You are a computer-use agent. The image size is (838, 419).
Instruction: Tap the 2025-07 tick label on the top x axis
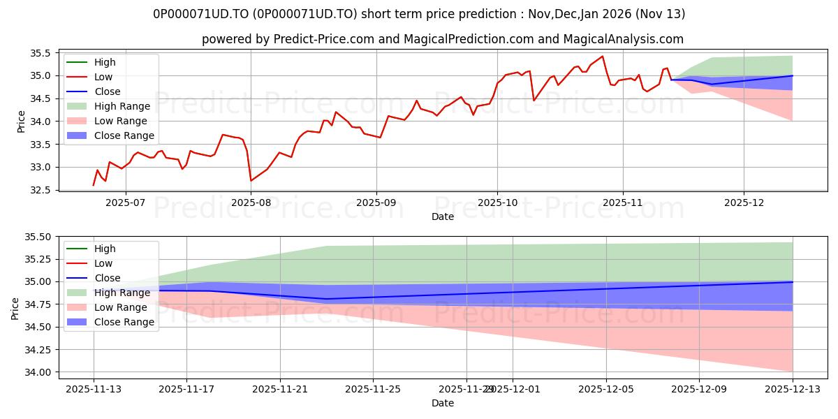pyautogui.click(x=125, y=203)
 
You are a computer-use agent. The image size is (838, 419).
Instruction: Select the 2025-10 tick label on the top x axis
pyautogui.click(x=497, y=203)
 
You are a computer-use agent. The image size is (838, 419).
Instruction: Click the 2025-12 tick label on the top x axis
pyautogui.click(x=744, y=203)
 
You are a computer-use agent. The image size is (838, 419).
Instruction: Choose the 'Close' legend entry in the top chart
pyautogui.click(x=107, y=91)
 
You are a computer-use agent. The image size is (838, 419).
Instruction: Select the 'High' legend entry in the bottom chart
pyautogui.click(x=105, y=249)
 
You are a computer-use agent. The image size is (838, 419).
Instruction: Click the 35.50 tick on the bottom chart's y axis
pyautogui.click(x=38, y=237)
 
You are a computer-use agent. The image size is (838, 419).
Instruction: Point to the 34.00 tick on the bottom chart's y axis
pyautogui.click(x=38, y=372)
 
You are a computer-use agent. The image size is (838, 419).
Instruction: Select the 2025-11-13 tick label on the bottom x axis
pyautogui.click(x=94, y=389)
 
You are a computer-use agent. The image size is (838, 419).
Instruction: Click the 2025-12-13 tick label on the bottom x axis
pyautogui.click(x=793, y=389)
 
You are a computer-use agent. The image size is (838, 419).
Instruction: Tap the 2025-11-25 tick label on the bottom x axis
pyautogui.click(x=373, y=389)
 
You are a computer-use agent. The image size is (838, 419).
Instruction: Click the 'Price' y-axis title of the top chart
pyautogui.click(x=21, y=121)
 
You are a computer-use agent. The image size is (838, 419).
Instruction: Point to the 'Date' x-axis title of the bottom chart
pyautogui.click(x=443, y=403)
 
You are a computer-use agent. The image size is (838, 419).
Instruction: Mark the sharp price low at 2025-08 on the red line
pyautogui.click(x=251, y=181)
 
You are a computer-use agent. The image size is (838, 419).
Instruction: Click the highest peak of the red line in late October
pyautogui.click(x=602, y=57)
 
